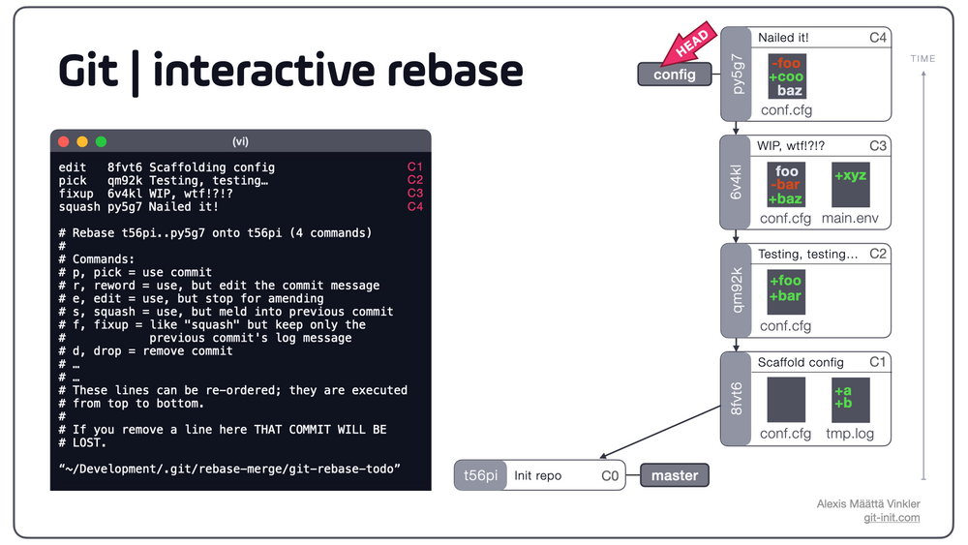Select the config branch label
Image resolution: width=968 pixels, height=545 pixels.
pyautogui.click(x=675, y=75)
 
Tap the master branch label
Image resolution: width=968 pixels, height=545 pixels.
pyautogui.click(x=675, y=475)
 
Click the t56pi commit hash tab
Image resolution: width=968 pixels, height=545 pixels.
pyautogui.click(x=480, y=475)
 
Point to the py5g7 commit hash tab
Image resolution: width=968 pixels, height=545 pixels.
pyautogui.click(x=736, y=74)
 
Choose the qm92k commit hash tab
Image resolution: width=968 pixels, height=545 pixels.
pyautogui.click(x=736, y=290)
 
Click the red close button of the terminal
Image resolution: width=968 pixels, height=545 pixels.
pyautogui.click(x=64, y=141)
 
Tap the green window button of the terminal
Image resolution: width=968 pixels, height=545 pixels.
pyautogui.click(x=101, y=141)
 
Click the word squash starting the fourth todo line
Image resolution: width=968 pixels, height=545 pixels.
pyautogui.click(x=78, y=206)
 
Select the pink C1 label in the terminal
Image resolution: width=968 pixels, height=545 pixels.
pyautogui.click(x=415, y=167)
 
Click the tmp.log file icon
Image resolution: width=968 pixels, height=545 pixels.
pyautogui.click(x=850, y=400)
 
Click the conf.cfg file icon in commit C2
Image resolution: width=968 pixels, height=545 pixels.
pyautogui.click(x=785, y=290)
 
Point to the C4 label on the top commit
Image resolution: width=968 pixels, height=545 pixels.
pyautogui.click(x=878, y=38)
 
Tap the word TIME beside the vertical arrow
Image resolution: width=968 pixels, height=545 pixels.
pyautogui.click(x=923, y=59)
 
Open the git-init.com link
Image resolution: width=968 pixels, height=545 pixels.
pyautogui.click(x=892, y=518)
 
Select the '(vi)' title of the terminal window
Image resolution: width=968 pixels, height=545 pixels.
pyautogui.click(x=240, y=141)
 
